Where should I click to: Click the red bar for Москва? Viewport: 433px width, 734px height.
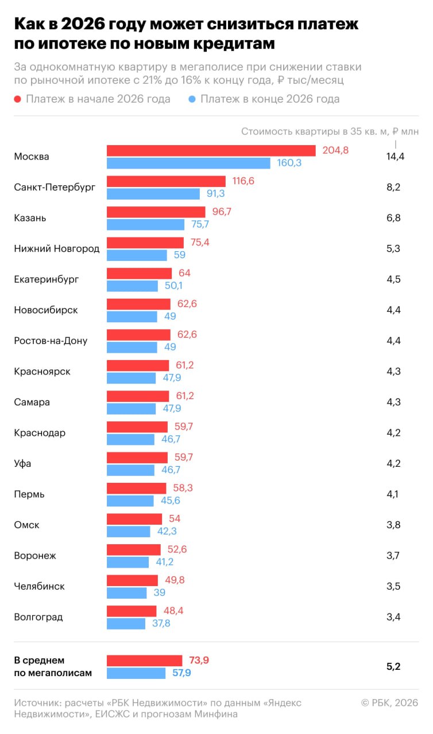211,150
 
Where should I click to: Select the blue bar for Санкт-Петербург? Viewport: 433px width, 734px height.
153,194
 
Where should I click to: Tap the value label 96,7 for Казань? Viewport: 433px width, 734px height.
222,212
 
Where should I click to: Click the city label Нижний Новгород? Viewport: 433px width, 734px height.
56,249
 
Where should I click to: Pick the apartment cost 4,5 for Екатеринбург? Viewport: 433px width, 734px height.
393,279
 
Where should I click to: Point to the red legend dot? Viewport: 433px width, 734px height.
18,99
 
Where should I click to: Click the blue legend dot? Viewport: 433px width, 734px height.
192,99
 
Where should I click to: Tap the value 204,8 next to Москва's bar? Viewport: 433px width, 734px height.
336,150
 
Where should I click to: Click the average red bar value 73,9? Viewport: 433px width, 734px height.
199,661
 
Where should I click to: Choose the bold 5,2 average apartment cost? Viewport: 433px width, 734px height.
393,666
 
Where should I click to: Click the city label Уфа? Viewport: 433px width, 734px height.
22,463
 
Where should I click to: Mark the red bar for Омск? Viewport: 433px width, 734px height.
134,519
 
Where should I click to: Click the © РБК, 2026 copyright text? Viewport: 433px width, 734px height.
389,702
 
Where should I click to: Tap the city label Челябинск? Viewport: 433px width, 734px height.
39,587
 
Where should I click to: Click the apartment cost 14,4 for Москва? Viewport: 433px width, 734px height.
395,157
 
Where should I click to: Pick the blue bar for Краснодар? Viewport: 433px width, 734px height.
130,439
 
